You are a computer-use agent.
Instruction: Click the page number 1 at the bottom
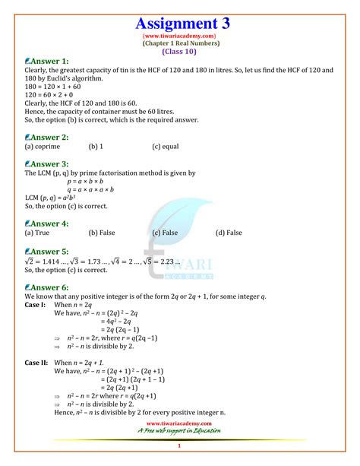click(179, 445)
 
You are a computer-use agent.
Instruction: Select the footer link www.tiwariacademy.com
click(179, 423)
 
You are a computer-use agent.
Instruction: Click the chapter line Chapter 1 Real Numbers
click(179, 43)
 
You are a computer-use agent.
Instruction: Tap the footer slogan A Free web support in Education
click(179, 431)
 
